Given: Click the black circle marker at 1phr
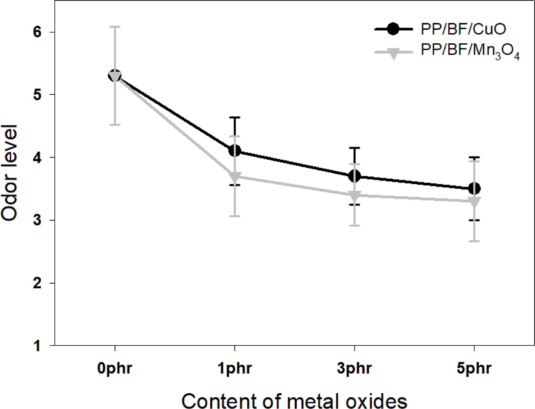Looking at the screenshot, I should [x=234, y=151].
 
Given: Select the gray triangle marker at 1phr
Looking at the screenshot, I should [x=234, y=176].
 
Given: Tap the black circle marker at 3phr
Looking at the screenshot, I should [x=355, y=176].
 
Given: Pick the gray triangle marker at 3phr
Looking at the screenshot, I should [x=355, y=195].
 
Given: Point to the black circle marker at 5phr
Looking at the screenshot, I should [x=474, y=188].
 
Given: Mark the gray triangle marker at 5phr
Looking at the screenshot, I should [x=474, y=202].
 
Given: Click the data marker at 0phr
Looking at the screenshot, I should [x=115, y=76].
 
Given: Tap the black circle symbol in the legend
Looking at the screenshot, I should [x=393, y=29].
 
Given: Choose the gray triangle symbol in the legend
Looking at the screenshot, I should [x=393, y=53].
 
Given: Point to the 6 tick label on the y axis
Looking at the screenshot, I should [x=38, y=32].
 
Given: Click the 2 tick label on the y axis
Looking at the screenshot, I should [x=38, y=283].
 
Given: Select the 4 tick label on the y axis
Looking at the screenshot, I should [x=38, y=158].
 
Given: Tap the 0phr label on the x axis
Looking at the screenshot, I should [x=115, y=368].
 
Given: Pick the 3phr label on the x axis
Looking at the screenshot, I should [x=355, y=368].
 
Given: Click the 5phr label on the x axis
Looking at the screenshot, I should [x=474, y=368].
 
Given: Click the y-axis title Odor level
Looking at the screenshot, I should [x=9, y=173].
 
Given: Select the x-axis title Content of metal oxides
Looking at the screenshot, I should [x=294, y=400].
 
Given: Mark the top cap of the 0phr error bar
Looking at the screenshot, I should [x=115, y=27].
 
